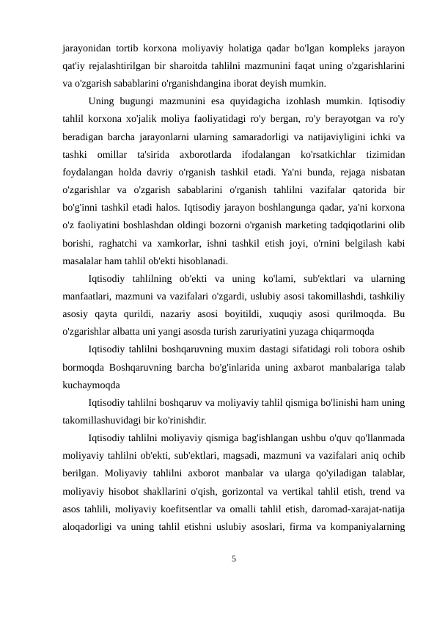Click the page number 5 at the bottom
click(233, 559)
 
